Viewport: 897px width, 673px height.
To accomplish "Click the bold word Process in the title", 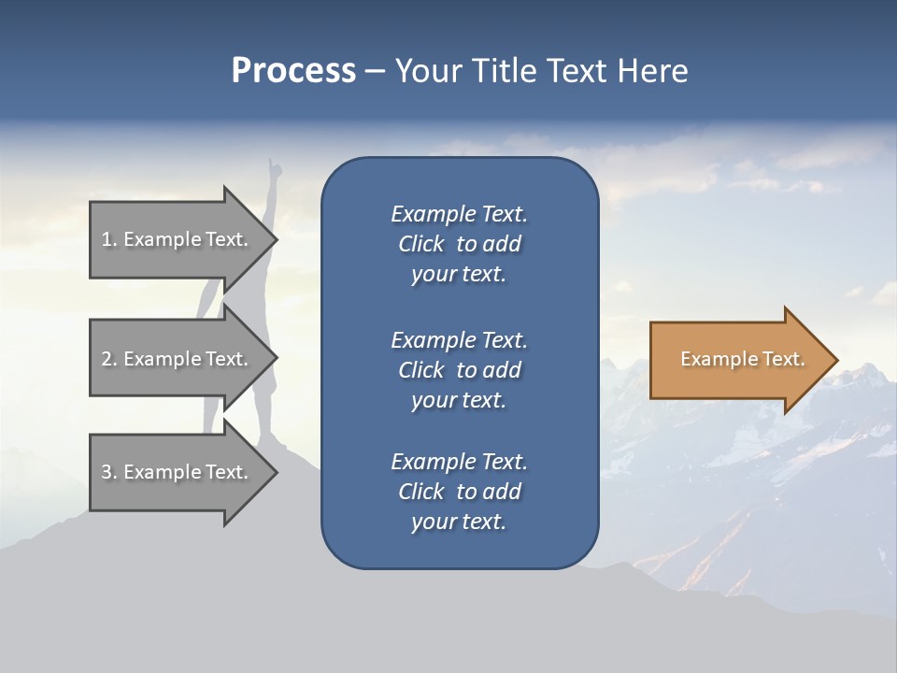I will click(x=293, y=71).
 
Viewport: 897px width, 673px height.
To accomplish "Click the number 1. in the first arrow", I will click(x=109, y=239).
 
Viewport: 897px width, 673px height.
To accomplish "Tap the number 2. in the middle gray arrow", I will click(x=109, y=359).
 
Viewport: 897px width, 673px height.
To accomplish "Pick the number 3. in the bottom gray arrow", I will click(x=109, y=472).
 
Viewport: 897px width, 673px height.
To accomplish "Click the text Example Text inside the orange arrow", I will click(x=743, y=359).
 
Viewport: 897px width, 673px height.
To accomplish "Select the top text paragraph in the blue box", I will click(x=459, y=244).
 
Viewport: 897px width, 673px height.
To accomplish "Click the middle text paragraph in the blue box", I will click(x=459, y=370).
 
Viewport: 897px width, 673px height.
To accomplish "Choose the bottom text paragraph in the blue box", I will click(x=459, y=492).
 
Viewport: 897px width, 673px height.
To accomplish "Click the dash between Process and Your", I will click(x=375, y=72).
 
